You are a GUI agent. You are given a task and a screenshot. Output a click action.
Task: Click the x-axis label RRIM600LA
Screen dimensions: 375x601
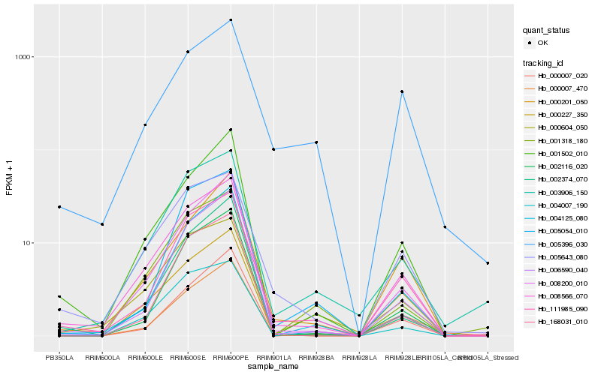[x=102, y=357]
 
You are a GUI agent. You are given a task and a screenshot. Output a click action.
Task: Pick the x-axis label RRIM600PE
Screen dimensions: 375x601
[x=231, y=357]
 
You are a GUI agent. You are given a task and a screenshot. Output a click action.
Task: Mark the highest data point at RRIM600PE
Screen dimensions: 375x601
[x=231, y=19]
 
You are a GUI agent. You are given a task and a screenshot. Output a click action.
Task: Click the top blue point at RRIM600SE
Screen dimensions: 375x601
[x=188, y=52]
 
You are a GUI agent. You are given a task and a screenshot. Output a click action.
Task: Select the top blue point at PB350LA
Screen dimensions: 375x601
[x=59, y=207]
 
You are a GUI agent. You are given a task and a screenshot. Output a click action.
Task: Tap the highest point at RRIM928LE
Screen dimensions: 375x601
[x=402, y=91]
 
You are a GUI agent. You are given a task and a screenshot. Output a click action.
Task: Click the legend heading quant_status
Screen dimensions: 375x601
[x=546, y=30]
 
